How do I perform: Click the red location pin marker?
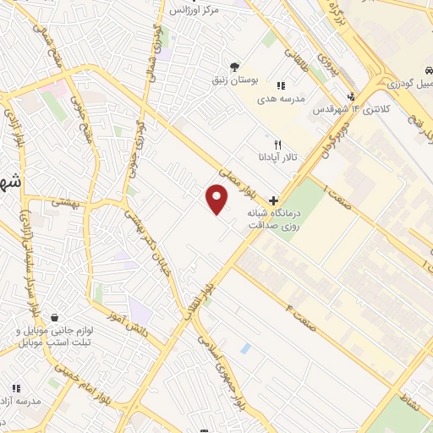coord(217,200)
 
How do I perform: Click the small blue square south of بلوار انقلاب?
coord(245,348)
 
